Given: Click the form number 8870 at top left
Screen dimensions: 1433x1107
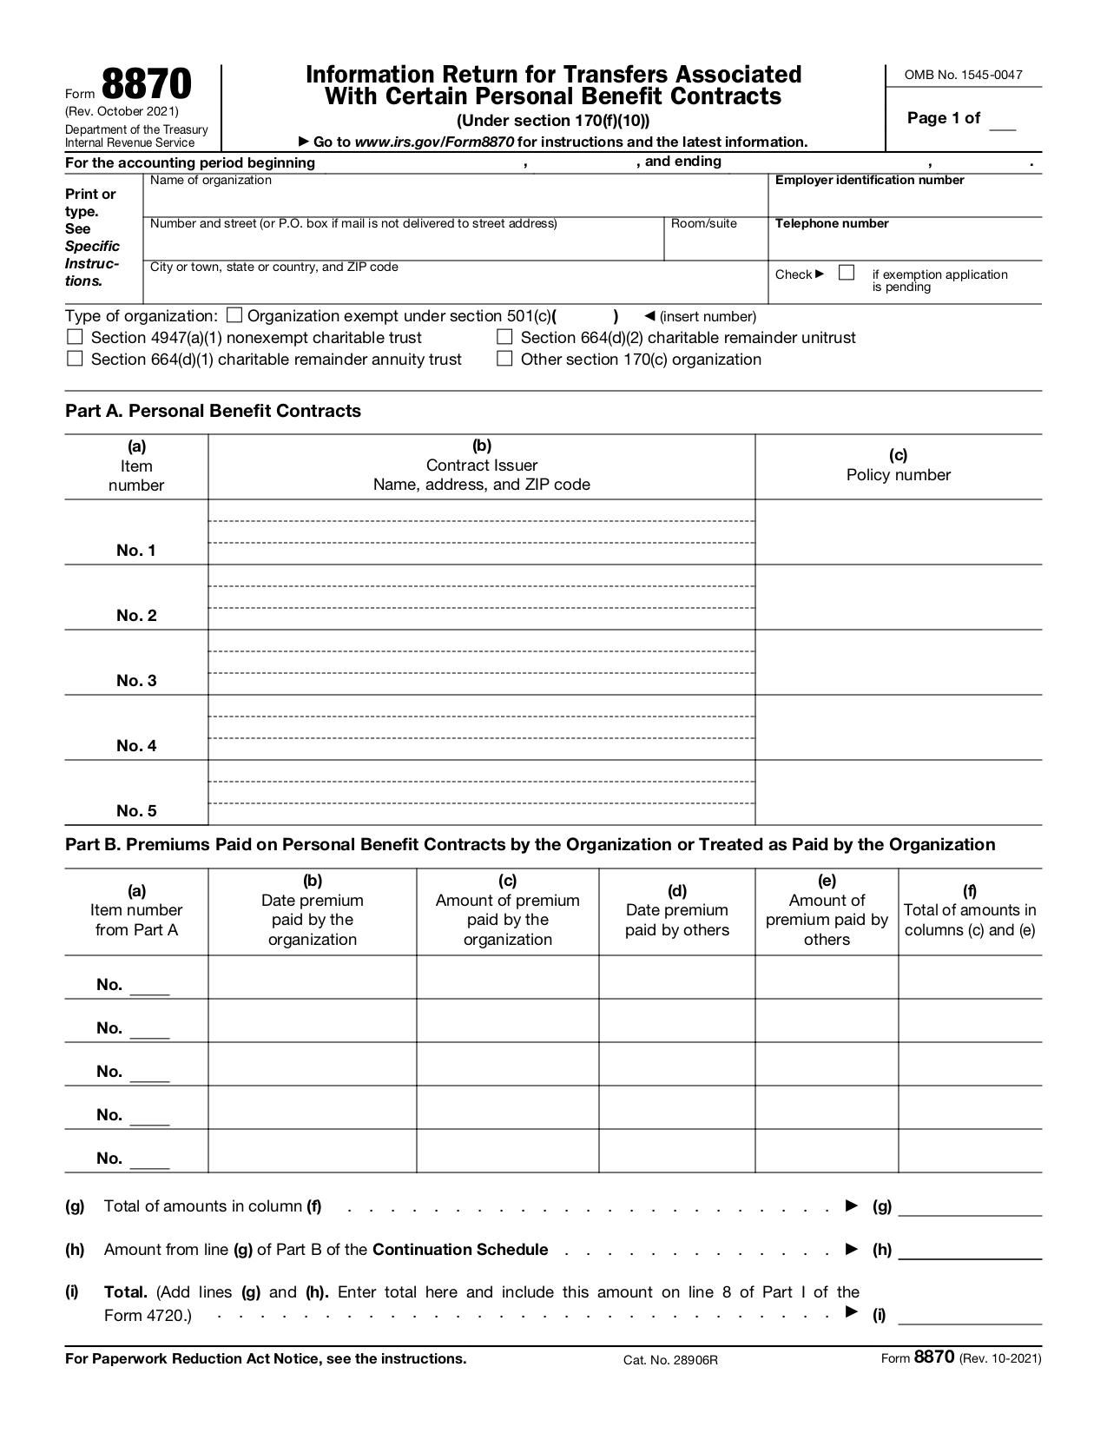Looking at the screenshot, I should click(x=146, y=85).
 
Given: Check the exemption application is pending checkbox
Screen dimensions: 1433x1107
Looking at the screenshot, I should click(x=847, y=273).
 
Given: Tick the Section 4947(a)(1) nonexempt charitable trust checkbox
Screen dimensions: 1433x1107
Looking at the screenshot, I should click(x=76, y=337).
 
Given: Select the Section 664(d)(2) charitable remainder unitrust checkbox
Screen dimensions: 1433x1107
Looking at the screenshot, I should click(x=504, y=337).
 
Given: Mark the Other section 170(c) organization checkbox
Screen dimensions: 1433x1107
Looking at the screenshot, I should click(x=504, y=359).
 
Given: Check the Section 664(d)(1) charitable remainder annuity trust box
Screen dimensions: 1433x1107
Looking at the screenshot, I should click(x=76, y=359).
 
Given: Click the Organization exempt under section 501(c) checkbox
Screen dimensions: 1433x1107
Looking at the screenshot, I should click(x=234, y=315).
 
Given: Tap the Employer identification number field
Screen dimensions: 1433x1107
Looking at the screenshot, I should click(x=905, y=201).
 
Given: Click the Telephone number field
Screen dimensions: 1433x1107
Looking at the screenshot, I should click(x=905, y=245).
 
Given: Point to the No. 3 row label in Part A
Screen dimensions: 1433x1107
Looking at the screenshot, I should click(x=136, y=680).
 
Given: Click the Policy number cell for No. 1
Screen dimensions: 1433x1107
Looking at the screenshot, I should click(x=898, y=532).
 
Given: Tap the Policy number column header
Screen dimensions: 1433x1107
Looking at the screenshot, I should click(x=898, y=466).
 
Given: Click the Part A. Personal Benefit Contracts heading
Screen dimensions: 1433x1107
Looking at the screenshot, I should click(x=213, y=411).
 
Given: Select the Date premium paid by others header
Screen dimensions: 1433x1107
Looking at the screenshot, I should click(x=676, y=910).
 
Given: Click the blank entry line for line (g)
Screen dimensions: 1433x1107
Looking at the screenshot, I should click(x=970, y=1206).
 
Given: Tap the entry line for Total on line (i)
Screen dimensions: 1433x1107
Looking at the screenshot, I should click(x=970, y=1315).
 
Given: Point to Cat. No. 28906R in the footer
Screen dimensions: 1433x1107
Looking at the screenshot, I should click(x=670, y=1359).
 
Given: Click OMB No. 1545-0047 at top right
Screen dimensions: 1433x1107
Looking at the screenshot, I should click(x=963, y=75).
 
